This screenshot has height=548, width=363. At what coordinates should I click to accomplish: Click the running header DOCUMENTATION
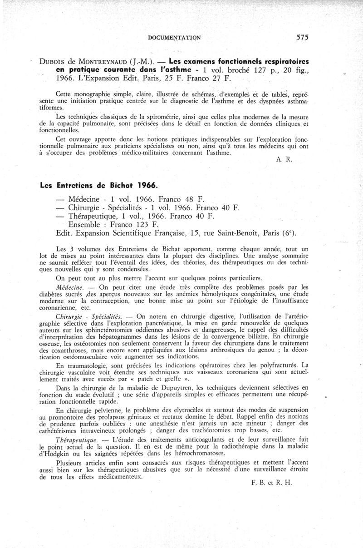click(x=175, y=38)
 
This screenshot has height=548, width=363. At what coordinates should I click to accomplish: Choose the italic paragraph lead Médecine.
click(x=68, y=287)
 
